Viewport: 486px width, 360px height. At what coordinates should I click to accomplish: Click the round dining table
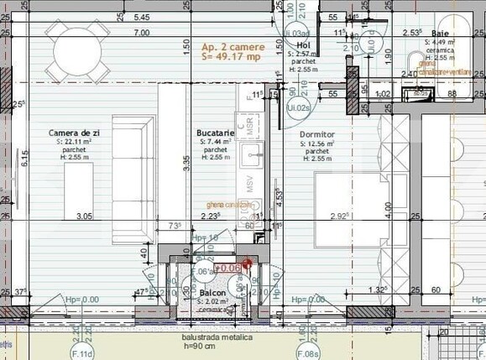(x=76, y=41)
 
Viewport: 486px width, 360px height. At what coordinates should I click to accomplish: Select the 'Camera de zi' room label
(x=75, y=133)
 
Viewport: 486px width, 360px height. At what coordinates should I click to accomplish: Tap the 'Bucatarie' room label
(x=215, y=133)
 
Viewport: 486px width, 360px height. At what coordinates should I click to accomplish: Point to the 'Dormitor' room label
(x=316, y=134)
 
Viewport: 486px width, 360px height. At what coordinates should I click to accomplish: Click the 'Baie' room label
(x=441, y=34)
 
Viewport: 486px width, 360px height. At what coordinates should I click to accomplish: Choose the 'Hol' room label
(x=304, y=46)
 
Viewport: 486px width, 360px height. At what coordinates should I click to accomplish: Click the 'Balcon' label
(x=212, y=293)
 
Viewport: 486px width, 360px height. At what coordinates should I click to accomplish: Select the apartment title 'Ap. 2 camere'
(x=233, y=47)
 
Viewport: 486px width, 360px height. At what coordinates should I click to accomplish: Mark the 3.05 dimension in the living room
(x=84, y=216)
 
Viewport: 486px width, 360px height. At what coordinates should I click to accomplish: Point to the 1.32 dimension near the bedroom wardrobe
(x=377, y=290)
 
